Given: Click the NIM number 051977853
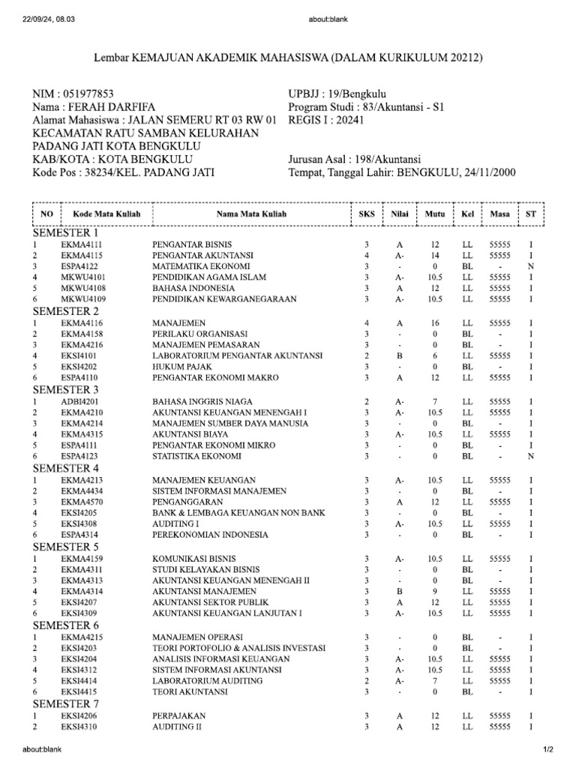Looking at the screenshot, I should tap(88, 94).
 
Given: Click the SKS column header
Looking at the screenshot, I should tap(366, 214).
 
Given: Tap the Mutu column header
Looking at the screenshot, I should tap(434, 214).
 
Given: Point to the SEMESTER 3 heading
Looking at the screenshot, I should tap(76, 389).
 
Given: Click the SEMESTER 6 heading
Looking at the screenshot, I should tap(76, 625).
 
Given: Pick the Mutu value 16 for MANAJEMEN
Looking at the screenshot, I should tap(434, 323).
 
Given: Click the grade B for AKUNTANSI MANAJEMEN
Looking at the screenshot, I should tap(400, 591).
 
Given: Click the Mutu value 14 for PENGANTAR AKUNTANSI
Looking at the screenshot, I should tap(434, 256).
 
